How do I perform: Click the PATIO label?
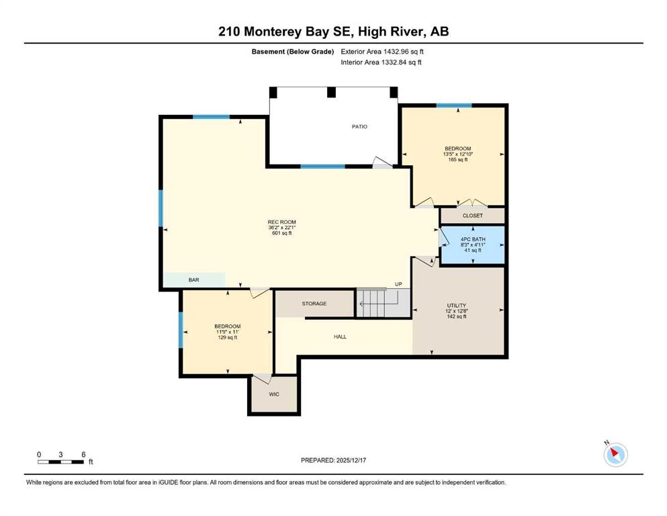pos(359,126)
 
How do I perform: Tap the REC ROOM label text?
pos(281,222)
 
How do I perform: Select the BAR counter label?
pos(193,280)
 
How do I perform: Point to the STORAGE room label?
pos(314,304)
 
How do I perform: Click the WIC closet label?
pos(274,394)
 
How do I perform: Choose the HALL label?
pos(340,337)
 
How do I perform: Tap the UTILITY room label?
pos(457,306)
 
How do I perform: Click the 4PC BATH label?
pos(473,239)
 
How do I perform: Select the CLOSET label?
pos(473,216)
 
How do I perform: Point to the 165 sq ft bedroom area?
pos(457,159)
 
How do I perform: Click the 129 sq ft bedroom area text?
pos(228,337)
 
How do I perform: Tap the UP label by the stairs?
pos(398,284)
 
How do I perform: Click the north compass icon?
pos(615,454)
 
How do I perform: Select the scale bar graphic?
pos(60,462)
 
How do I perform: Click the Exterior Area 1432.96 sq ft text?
pos(382,52)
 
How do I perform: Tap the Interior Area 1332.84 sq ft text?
pos(381,62)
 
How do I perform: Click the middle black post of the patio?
pos(331,92)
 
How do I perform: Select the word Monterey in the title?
pos(273,32)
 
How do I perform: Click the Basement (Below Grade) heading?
pos(293,52)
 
